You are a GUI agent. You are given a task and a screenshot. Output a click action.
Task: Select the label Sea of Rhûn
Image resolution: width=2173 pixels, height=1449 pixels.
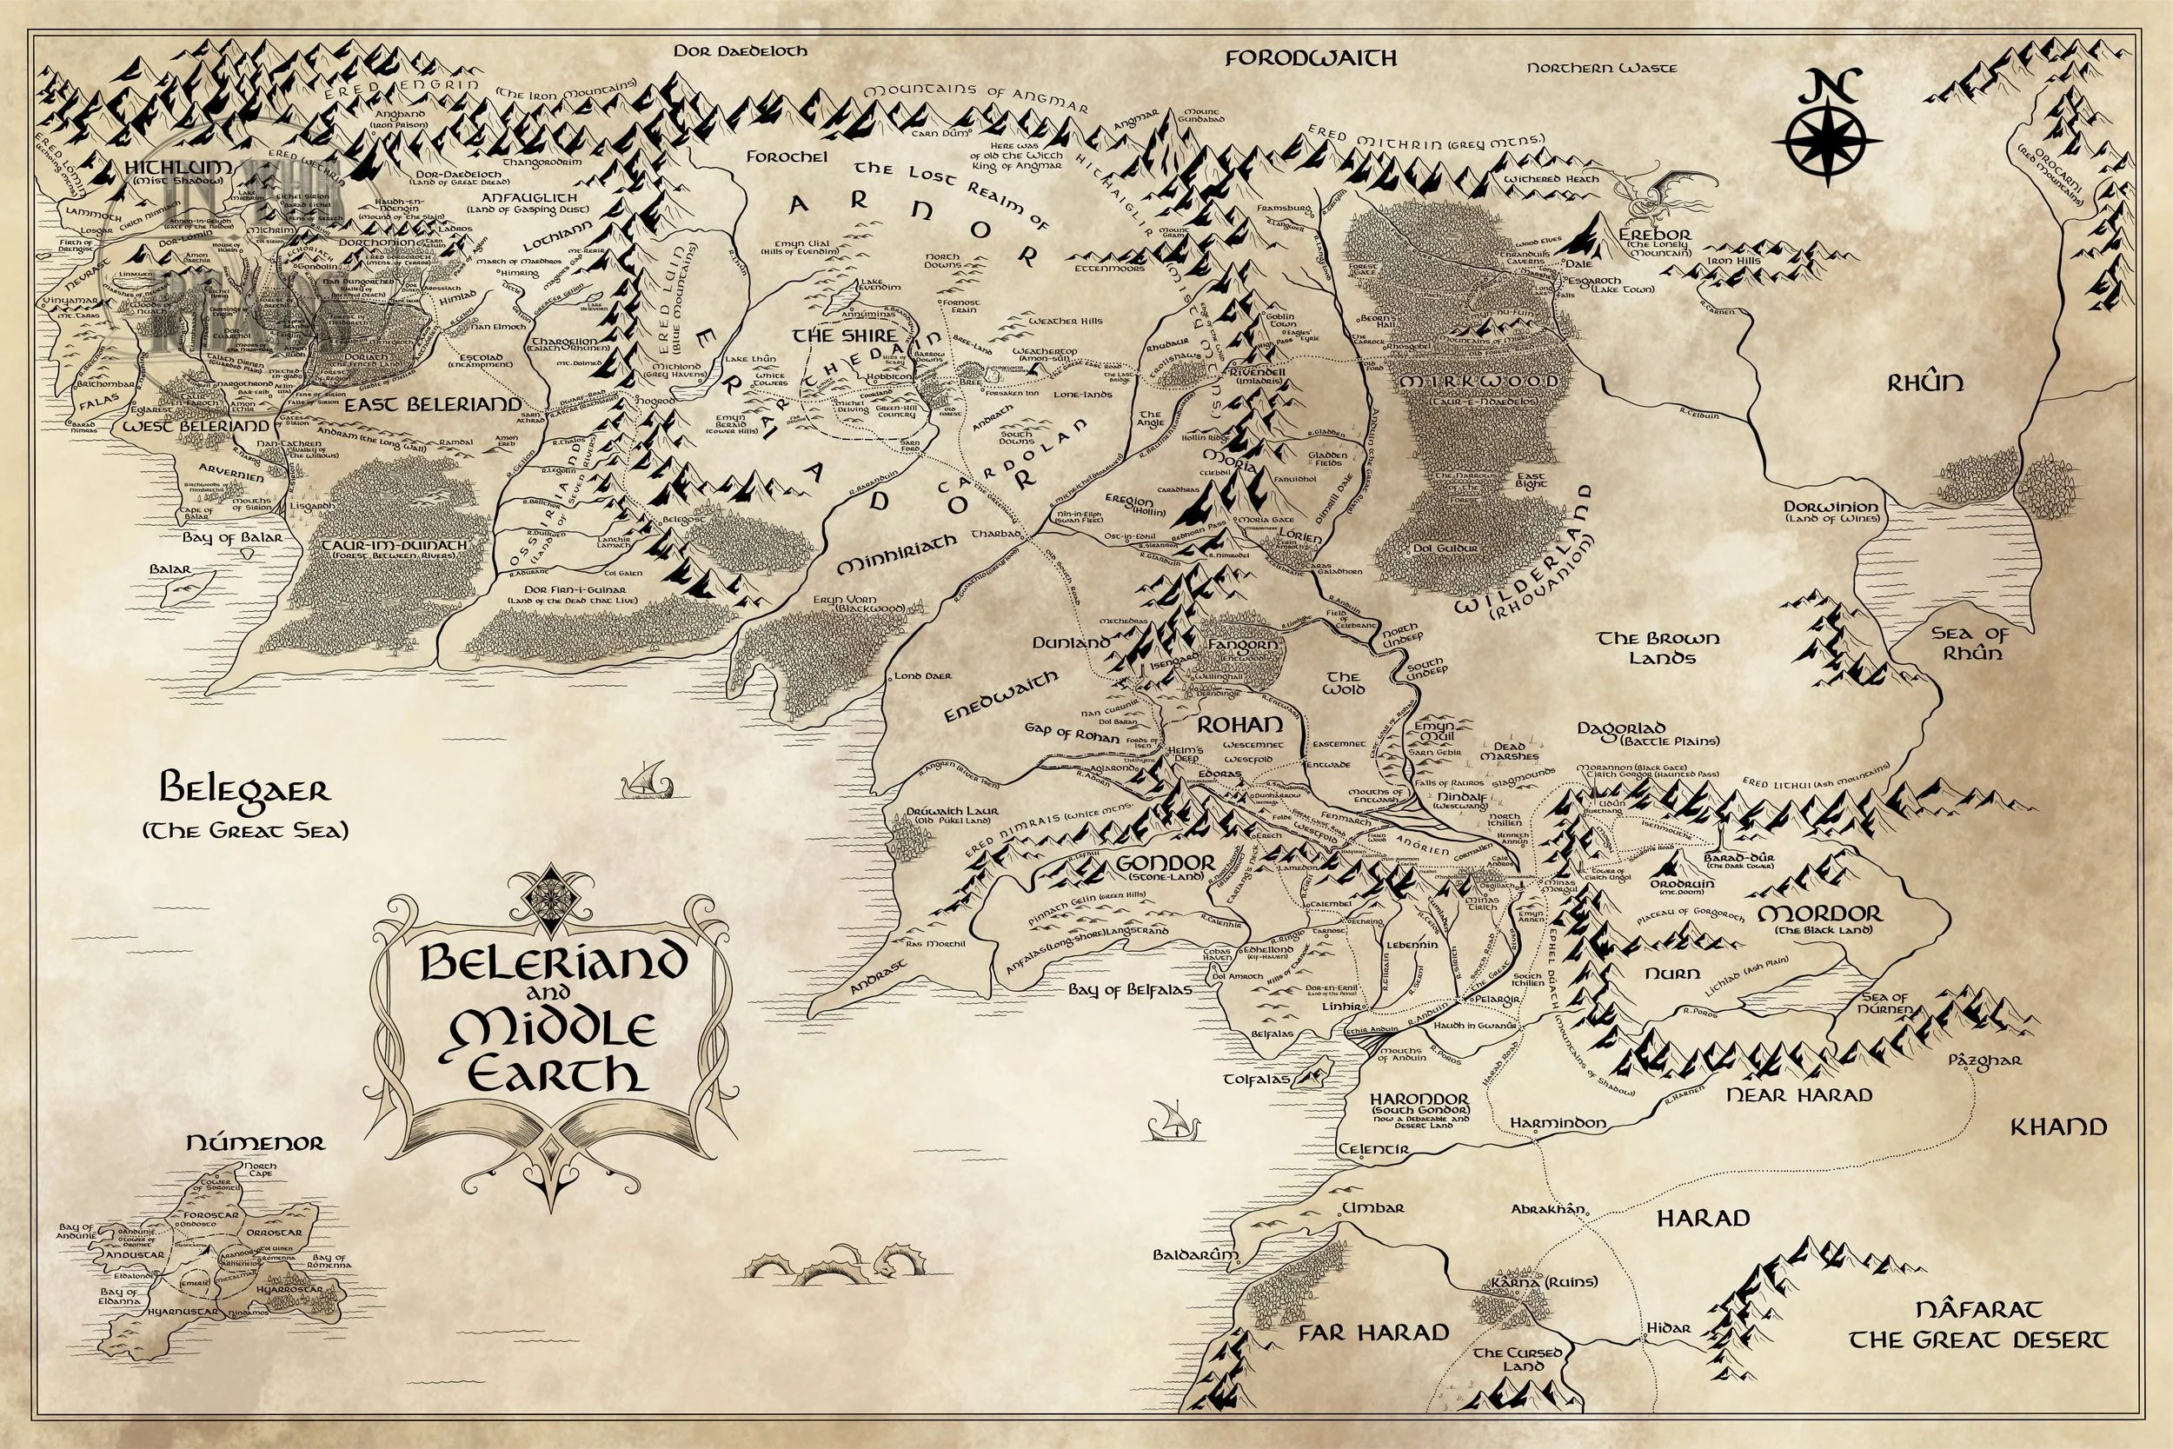1969,642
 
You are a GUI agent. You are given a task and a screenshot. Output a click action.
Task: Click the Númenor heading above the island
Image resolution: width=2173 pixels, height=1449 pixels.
256,1143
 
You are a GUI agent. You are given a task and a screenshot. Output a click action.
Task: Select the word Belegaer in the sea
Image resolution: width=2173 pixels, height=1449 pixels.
245,791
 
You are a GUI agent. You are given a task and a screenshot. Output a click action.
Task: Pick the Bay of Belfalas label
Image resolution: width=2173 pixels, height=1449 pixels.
1129,990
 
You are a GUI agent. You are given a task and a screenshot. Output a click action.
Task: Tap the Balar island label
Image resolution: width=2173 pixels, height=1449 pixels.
170,570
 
